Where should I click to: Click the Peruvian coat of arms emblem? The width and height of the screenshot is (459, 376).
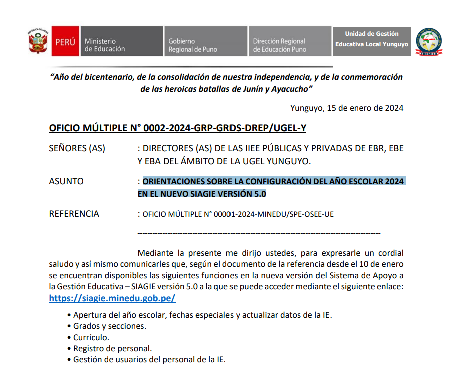tap(38, 41)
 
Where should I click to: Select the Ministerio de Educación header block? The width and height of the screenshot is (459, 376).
tap(121, 42)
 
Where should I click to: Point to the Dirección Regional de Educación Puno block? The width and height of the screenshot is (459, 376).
tap(289, 42)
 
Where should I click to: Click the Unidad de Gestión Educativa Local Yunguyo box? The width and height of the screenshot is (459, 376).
tap(371, 39)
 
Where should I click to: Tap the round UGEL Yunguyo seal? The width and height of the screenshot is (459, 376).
tap(429, 41)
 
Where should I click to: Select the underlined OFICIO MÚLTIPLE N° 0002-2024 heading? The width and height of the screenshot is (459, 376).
tap(177, 128)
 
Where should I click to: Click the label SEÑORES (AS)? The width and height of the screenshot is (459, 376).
tap(77, 148)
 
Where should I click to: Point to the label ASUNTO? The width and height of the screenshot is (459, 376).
tap(66, 181)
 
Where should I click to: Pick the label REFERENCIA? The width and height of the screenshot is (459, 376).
tap(74, 214)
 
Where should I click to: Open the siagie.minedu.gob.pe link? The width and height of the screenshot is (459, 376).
tap(112, 298)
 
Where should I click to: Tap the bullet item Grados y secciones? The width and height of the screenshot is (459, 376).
tap(110, 326)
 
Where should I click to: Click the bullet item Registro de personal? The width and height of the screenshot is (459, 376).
tap(112, 348)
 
